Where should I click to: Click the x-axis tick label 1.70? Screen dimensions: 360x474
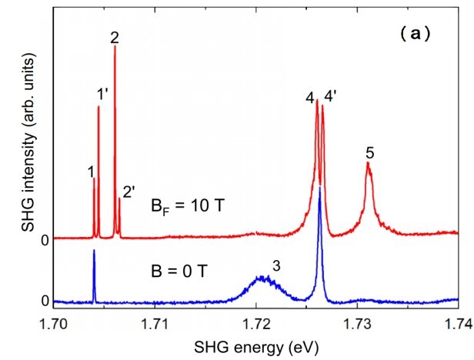pyautogui.click(x=54, y=324)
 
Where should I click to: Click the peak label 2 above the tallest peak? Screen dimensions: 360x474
pyautogui.click(x=115, y=36)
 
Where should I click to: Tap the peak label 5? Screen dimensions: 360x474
pyautogui.click(x=370, y=153)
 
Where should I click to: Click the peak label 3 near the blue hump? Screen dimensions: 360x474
pyautogui.click(x=275, y=266)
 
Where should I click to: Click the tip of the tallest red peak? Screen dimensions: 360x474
pyautogui.click(x=115, y=47)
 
